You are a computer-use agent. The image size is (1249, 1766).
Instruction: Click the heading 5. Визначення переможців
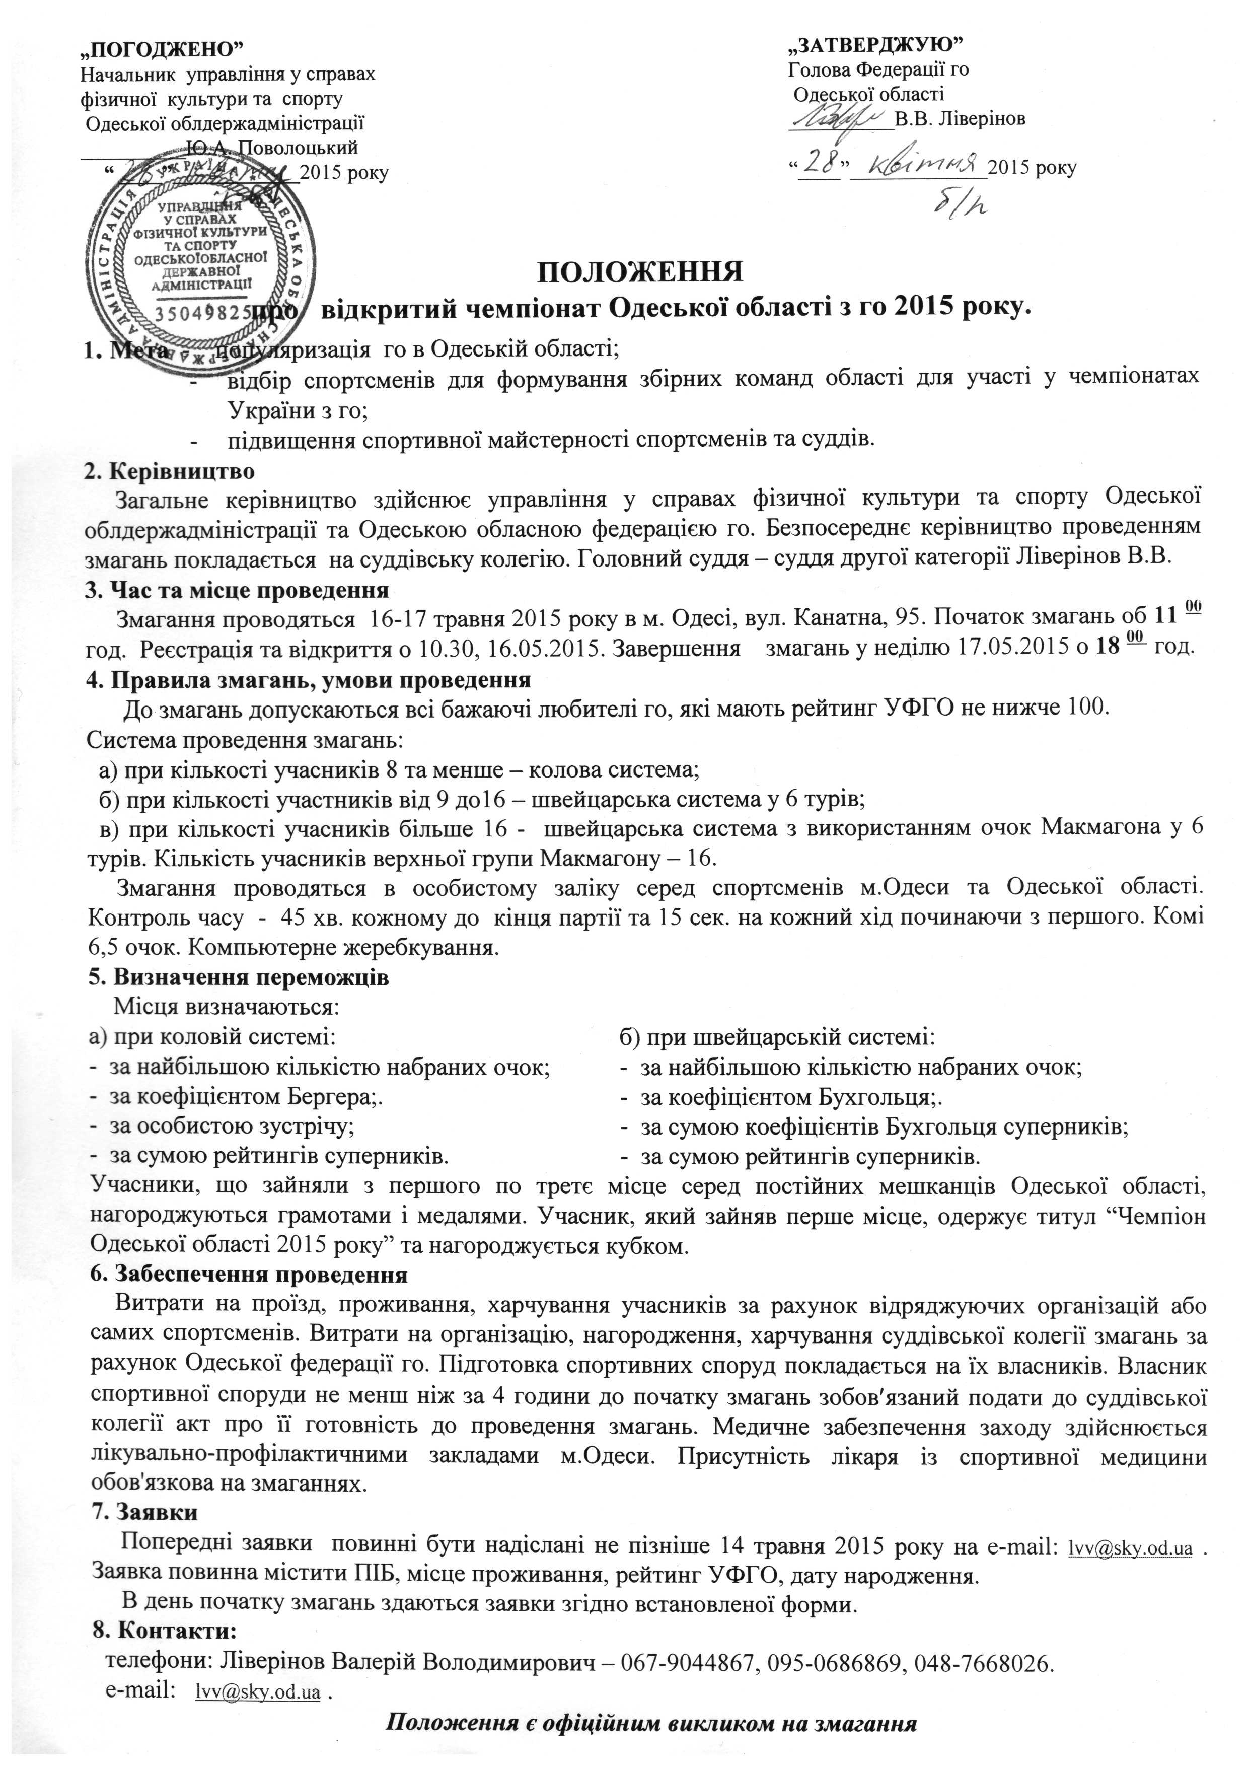point(239,977)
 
